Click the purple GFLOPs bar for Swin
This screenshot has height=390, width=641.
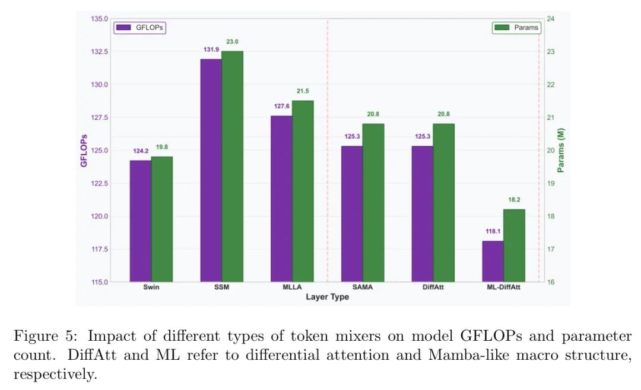[141, 221]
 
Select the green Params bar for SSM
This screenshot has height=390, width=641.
[233, 167]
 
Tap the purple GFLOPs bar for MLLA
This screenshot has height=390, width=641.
[281, 199]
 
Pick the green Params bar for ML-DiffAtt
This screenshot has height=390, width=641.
[515, 245]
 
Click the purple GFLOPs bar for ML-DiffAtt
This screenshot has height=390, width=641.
[493, 261]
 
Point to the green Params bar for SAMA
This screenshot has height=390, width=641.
[373, 203]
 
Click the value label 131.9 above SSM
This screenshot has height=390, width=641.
[211, 50]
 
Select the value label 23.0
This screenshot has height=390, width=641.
[232, 41]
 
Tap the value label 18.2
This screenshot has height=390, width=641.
[514, 200]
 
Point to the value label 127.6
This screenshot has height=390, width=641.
[281, 107]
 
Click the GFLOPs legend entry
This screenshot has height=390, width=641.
[140, 27]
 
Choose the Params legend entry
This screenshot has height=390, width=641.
[516, 27]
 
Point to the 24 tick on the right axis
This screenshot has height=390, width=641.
[550, 19]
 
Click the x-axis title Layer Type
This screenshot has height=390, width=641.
[327, 297]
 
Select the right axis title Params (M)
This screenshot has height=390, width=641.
[561, 150]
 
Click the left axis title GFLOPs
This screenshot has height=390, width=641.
[84, 150]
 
